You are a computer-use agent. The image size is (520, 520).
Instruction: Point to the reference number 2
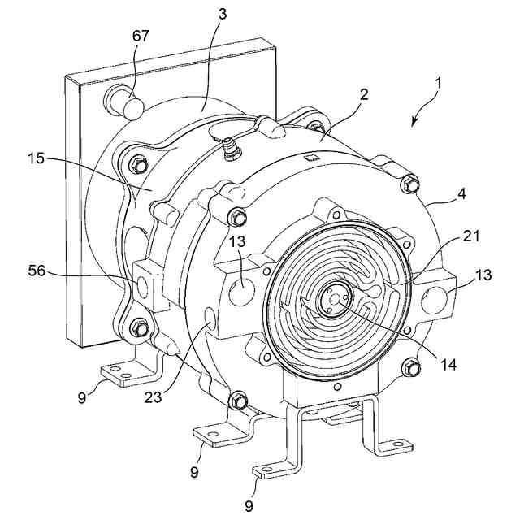pos(363,94)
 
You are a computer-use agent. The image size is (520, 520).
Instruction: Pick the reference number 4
pos(461,196)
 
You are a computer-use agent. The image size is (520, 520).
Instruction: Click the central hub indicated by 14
pos(334,298)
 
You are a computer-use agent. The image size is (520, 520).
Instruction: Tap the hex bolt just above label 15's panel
pos(138,166)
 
